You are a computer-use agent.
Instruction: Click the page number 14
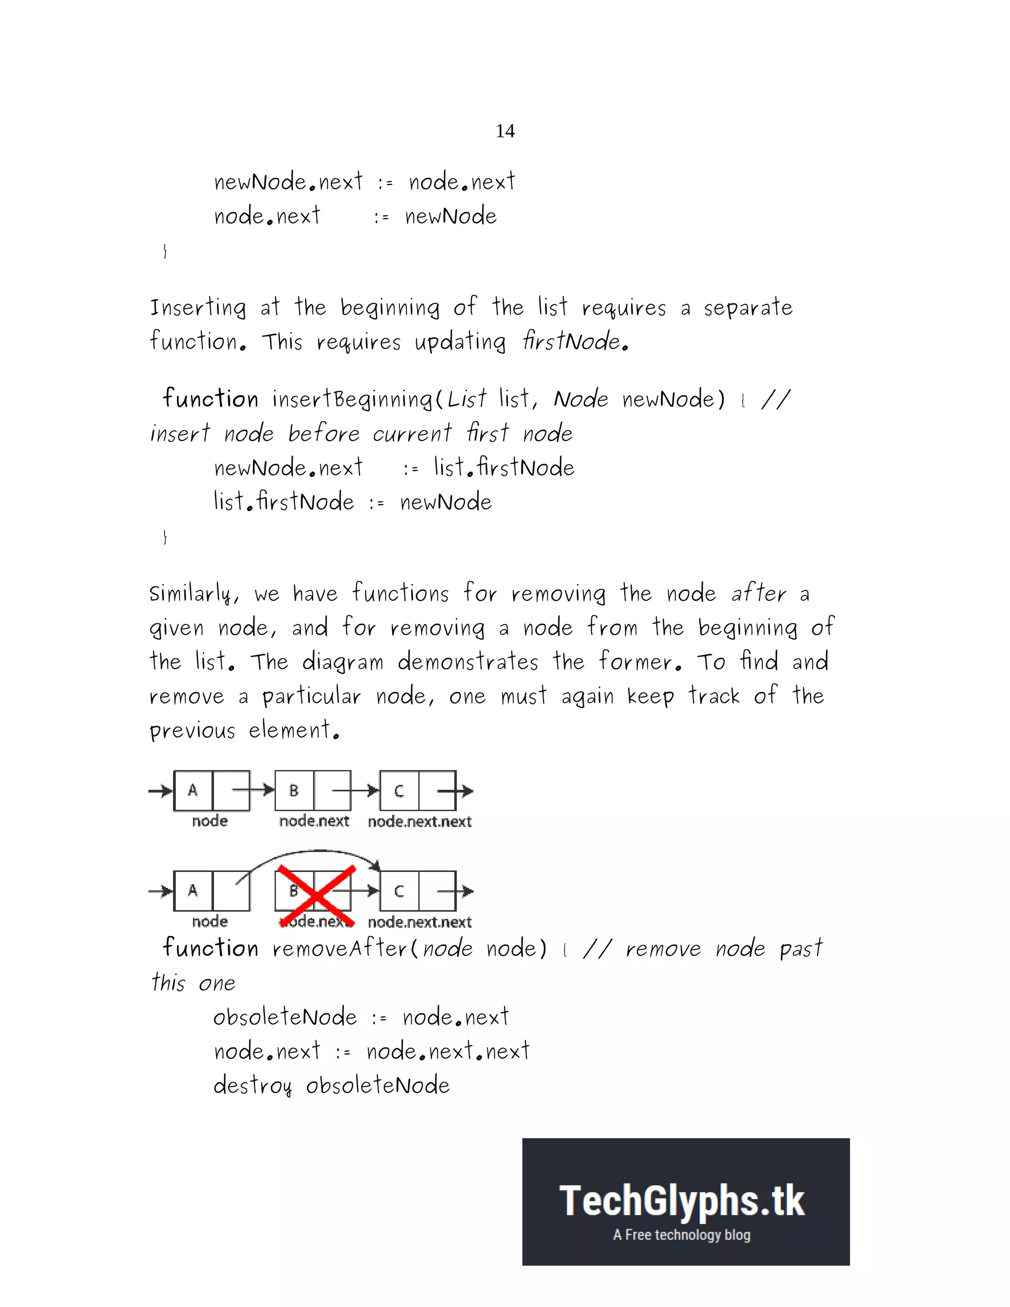pos(505,131)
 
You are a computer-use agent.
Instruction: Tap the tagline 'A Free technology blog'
pos(682,1234)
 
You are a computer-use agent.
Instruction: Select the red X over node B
pos(317,896)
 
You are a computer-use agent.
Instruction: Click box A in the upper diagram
pos(193,791)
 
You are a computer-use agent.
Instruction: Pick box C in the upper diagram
pos(399,791)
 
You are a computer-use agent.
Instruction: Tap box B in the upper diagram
pos(294,791)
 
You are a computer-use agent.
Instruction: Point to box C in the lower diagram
pos(399,891)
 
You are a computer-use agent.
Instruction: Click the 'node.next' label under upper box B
pos(314,821)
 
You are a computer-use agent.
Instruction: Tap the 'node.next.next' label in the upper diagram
pos(420,822)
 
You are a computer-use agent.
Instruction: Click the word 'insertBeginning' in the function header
pos(351,399)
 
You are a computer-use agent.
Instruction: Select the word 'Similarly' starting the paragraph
pos(191,594)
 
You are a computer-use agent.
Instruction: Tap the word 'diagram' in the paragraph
pos(343,662)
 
